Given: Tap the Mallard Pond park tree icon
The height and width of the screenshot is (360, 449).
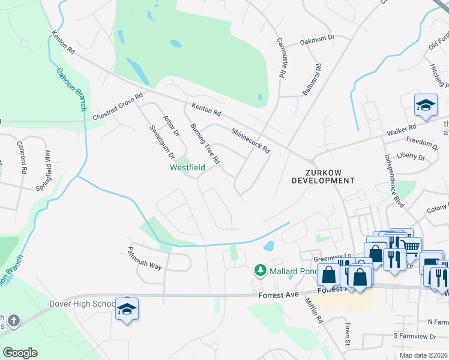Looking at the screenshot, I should (261, 271).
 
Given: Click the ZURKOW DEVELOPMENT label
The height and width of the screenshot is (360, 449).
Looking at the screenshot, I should (324, 176).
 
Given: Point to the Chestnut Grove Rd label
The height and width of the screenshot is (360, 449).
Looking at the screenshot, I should (118, 107).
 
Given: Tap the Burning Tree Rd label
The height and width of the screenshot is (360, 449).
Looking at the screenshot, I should (205, 144).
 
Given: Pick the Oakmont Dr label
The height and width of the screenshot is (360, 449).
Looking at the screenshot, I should (317, 41).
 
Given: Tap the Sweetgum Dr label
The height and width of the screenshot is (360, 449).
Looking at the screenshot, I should (157, 140).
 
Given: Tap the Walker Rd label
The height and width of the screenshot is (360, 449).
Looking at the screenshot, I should (402, 129).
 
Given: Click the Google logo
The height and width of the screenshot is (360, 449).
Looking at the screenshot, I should (20, 353).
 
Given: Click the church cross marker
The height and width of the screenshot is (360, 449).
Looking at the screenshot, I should (13, 321).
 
